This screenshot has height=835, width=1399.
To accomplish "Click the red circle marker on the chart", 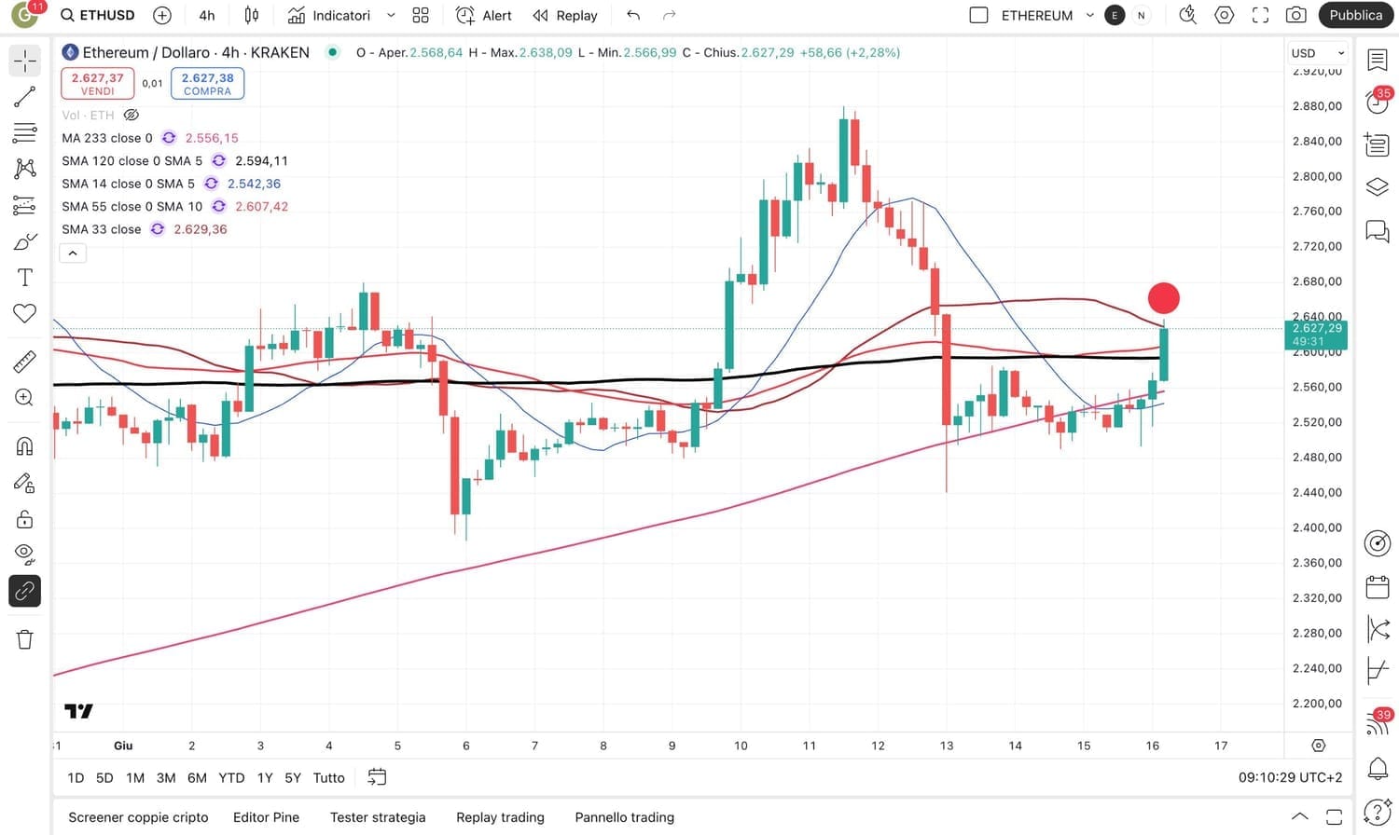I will coord(1163,298).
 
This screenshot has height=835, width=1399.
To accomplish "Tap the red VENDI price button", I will coord(97,83).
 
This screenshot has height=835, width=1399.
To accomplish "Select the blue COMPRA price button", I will coord(207,83).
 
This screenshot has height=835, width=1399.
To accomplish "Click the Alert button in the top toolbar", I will coord(484,15).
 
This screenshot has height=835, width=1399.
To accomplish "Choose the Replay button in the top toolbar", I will coord(565,15).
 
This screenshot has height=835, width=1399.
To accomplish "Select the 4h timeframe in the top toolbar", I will coord(207,15).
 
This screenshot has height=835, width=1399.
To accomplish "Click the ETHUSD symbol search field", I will coord(98,15).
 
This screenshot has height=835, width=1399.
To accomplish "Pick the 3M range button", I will coord(166,777).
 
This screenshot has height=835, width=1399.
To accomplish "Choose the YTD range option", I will coord(231,777).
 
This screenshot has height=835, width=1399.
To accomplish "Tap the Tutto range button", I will coord(328,777).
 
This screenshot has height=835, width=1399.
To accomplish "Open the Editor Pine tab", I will coord(266,817).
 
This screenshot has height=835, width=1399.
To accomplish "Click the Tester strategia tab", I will coord(378,817).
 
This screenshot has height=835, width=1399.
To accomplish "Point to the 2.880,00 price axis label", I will coord(1317,106).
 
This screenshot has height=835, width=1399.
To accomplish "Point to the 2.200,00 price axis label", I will coord(1317,704).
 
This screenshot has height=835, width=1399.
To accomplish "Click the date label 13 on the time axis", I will coord(947,746).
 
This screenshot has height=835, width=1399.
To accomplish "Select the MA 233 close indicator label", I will coord(107,138).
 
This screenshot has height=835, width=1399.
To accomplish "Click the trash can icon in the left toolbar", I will coord(25,639).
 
